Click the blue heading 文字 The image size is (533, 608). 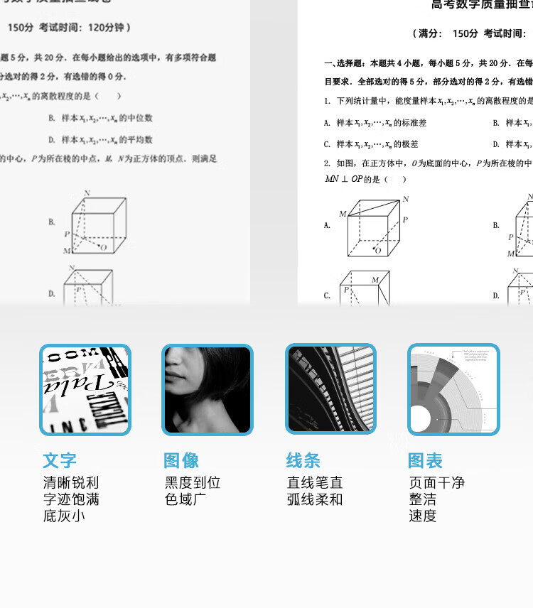(x=60, y=460)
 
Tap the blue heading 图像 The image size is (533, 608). (x=181, y=460)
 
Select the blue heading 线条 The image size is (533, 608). (x=303, y=460)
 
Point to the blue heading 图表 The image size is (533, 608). (x=425, y=460)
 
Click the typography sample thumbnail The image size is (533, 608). (x=85, y=389)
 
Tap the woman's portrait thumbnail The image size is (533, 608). (x=208, y=389)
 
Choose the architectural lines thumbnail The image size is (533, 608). (x=330, y=389)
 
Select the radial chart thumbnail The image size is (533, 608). (x=453, y=389)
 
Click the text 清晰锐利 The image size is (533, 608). (x=71, y=483)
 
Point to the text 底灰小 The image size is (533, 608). (x=64, y=516)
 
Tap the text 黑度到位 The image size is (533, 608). (x=193, y=483)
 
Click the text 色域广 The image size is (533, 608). (x=185, y=499)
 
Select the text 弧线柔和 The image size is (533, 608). (x=315, y=499)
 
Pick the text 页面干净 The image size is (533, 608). (x=436, y=483)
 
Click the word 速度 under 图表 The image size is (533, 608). (x=422, y=516)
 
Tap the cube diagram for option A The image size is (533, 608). (x=373, y=226)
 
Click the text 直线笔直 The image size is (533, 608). (x=315, y=483)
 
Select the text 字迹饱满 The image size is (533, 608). (x=71, y=499)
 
